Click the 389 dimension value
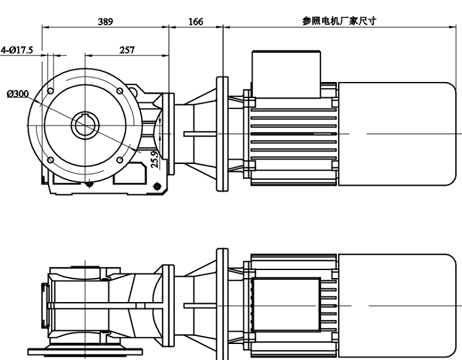[105, 22]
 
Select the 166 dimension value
[195, 22]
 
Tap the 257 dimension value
[127, 50]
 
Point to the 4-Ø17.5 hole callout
[17, 50]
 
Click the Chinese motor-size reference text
[339, 20]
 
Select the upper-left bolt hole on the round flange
[51, 90]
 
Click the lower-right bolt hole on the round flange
[120, 160]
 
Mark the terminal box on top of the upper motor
[287, 74]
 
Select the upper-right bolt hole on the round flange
[120, 91]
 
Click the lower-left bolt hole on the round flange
[50, 160]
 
